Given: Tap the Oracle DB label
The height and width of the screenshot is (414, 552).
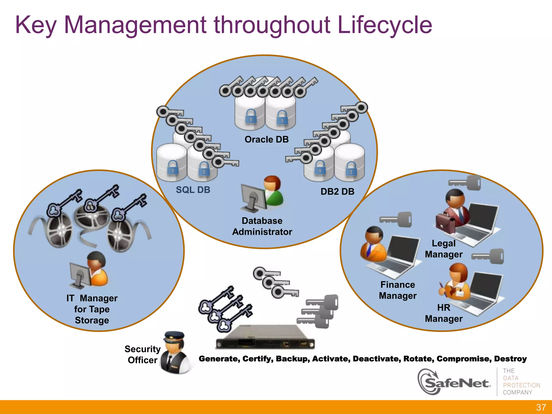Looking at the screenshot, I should click(x=266, y=139).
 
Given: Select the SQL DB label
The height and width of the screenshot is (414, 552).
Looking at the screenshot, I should click(x=193, y=190).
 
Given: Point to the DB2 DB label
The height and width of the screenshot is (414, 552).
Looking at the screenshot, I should click(x=337, y=191).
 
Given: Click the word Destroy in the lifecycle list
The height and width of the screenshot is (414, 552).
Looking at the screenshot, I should click(x=510, y=359).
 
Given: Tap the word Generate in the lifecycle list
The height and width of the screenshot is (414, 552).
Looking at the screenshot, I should click(x=219, y=359).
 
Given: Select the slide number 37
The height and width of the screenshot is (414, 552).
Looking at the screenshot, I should click(x=541, y=407).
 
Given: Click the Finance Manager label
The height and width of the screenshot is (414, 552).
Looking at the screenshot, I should click(x=398, y=290).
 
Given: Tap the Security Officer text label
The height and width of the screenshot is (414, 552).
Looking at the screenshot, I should click(x=143, y=354).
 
